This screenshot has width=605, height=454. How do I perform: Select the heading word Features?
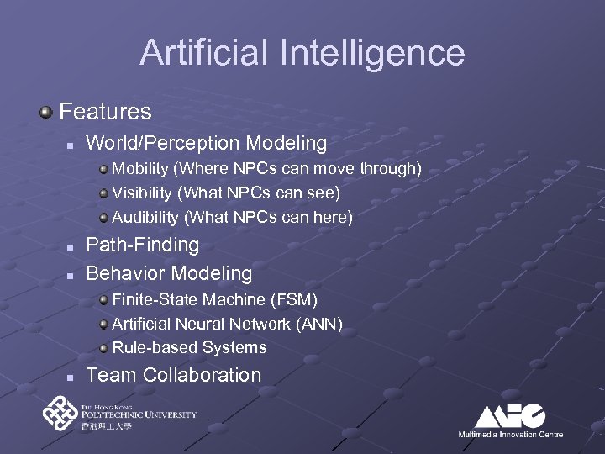(x=105, y=111)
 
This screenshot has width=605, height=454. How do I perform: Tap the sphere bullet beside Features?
(x=48, y=112)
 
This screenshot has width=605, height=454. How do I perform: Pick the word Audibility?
(x=145, y=218)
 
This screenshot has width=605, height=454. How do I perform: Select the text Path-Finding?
(x=143, y=245)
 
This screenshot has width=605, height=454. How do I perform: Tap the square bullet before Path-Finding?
(x=71, y=247)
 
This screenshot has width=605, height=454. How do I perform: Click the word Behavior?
(x=125, y=273)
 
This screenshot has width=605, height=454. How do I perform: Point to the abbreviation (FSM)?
(x=294, y=299)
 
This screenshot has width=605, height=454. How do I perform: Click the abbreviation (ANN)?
(x=320, y=324)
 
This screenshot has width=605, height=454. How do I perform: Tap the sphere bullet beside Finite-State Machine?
(x=103, y=300)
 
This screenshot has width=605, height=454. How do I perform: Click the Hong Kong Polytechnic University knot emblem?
(x=60, y=414)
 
